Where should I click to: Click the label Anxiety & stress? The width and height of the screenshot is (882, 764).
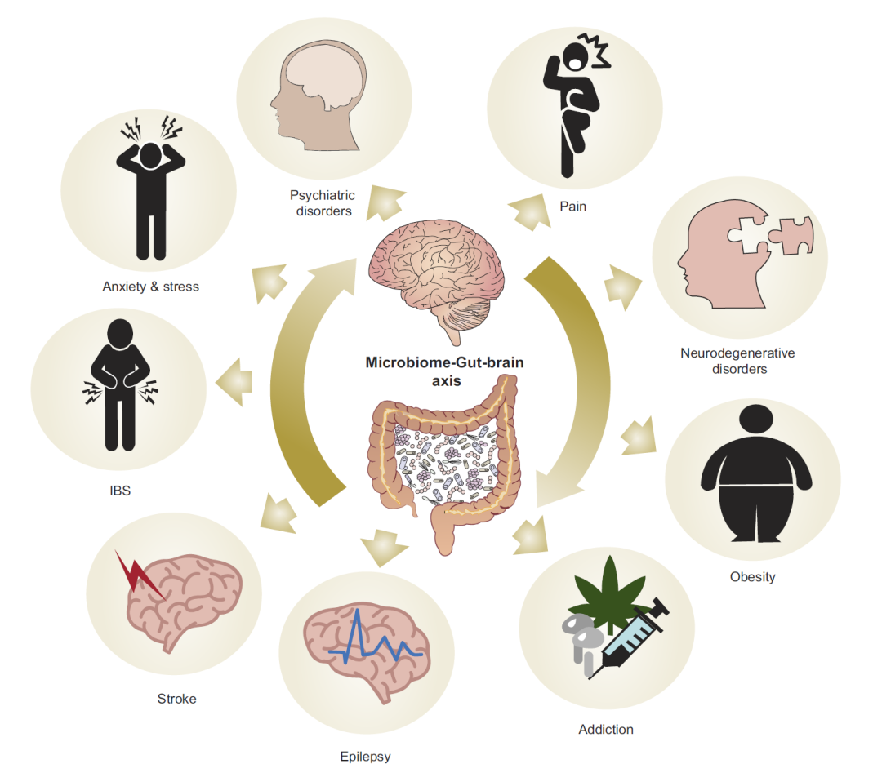pos(151,286)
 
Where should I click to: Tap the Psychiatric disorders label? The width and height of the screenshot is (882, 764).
pos(323,203)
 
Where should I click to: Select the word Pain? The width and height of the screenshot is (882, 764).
pos(572,207)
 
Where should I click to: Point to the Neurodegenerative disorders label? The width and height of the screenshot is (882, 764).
pos(738,361)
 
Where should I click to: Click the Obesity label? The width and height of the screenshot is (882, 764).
pos(753,577)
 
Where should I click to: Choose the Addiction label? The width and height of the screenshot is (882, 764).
pos(606,729)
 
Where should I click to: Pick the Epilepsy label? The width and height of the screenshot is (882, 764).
pos(365,757)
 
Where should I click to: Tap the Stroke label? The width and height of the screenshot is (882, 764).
pos(176,699)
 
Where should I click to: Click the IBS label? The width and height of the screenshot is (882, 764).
pos(120,491)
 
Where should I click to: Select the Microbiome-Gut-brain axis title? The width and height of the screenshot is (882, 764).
pos(444,371)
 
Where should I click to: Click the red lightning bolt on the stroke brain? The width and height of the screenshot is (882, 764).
pos(137,575)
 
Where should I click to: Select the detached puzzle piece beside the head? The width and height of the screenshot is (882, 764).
pos(791,235)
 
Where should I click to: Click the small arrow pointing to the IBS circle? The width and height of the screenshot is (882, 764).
pos(234,382)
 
